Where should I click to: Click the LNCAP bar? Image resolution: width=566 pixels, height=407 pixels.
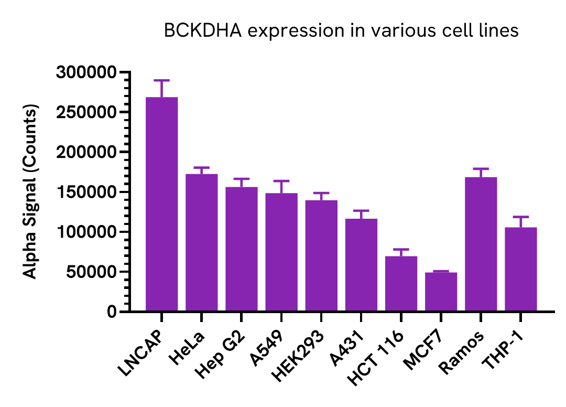tap(161, 205)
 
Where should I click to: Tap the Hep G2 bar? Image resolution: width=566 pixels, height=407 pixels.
tap(242, 249)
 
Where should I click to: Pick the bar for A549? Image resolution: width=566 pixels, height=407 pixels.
tap(281, 252)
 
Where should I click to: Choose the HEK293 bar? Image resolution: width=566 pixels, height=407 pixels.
tap(321, 256)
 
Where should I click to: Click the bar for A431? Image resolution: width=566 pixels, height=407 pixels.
tap(361, 265)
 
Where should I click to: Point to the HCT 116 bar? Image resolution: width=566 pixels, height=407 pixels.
tap(401, 284)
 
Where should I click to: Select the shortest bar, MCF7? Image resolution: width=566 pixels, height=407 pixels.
tap(441, 292)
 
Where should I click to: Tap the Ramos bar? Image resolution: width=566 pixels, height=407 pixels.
tap(481, 244)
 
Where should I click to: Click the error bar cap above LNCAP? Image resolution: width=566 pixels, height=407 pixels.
tap(161, 80)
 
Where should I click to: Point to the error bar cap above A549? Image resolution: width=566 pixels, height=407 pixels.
tap(281, 181)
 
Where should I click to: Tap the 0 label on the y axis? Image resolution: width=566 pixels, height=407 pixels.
tap(111, 312)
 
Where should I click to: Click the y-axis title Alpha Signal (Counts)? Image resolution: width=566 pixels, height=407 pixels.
tap(31, 192)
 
